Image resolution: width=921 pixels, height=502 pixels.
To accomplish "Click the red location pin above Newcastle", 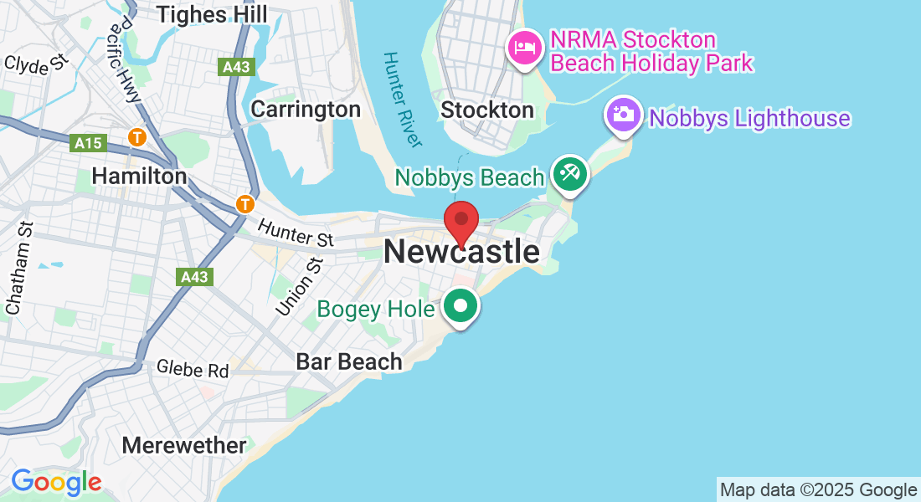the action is (x=460, y=220).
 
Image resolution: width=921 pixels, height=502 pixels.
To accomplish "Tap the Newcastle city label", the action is (x=461, y=252).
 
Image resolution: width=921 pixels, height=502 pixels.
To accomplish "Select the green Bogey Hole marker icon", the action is (x=460, y=306).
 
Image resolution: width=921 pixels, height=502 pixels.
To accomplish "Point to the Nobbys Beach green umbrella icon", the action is (x=570, y=175).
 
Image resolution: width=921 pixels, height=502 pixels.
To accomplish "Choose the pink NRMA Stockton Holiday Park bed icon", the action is (x=524, y=46).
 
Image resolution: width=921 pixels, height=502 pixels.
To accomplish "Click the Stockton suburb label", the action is (x=486, y=110).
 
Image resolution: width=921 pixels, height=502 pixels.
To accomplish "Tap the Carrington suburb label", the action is (x=306, y=109).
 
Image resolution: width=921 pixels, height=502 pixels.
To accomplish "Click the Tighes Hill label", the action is (x=213, y=14).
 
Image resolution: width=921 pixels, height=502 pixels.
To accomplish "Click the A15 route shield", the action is (x=88, y=144).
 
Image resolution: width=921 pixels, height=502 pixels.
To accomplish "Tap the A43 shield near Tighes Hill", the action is (x=237, y=68).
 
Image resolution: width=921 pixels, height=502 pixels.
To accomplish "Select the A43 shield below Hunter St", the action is (x=194, y=276).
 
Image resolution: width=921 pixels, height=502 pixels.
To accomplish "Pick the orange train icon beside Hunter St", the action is (x=244, y=203).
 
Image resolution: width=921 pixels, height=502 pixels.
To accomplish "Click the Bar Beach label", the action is (x=349, y=361).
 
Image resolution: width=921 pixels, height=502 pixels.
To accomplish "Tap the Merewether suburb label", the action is (x=184, y=445).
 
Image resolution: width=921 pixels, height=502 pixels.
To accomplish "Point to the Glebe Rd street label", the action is (x=193, y=368).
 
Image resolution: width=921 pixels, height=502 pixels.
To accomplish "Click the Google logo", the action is (x=56, y=482).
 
